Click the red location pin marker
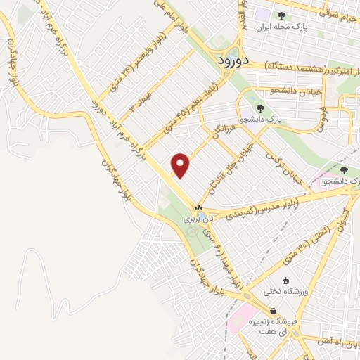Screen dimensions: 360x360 (x=181, y=165)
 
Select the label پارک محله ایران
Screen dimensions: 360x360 (x=262, y=27)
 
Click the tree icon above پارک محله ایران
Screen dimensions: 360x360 (x=281, y=15)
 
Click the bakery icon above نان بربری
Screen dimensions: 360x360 (x=198, y=207)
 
